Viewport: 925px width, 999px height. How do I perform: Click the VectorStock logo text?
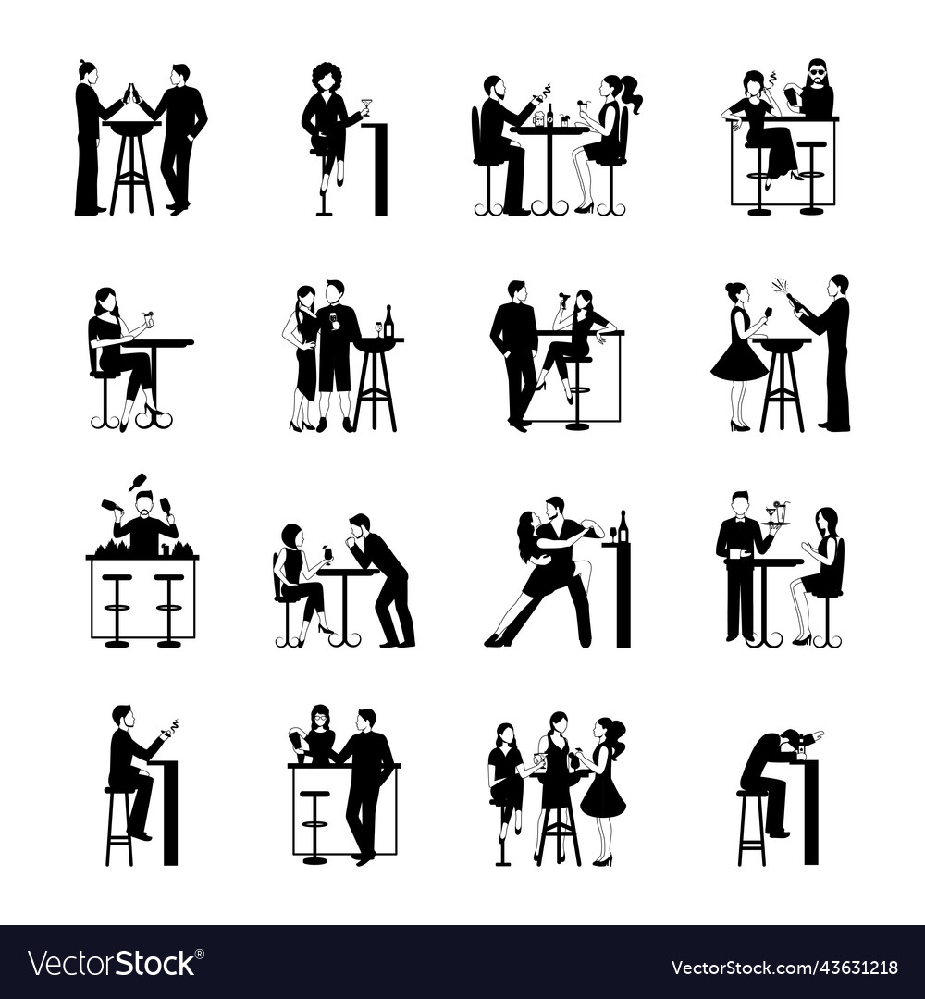pyautogui.click(x=112, y=963)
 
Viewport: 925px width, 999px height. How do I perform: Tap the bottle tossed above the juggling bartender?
pyautogui.click(x=140, y=482)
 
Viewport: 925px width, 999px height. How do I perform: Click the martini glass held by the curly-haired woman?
pyautogui.click(x=367, y=105)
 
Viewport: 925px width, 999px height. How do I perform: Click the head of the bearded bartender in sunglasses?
pyautogui.click(x=817, y=72)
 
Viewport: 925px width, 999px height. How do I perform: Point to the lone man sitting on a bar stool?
pyautogui.click(x=127, y=772)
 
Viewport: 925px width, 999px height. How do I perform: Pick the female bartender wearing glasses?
pyautogui.click(x=319, y=735)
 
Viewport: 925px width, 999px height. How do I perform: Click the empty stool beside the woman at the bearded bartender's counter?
pyautogui.click(x=811, y=176)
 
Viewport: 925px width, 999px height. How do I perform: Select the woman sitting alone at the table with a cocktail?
pyautogui.click(x=113, y=351)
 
